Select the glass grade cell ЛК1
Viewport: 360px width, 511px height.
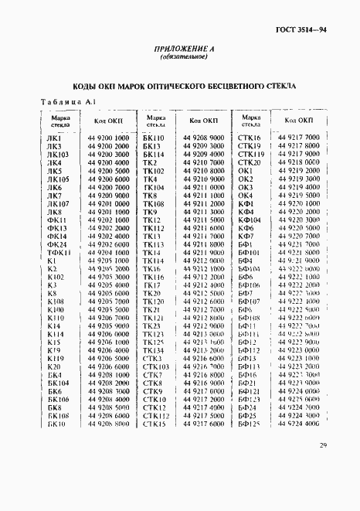point(55,138)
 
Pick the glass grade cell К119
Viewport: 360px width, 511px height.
point(56,358)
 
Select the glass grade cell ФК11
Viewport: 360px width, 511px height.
point(56,220)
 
